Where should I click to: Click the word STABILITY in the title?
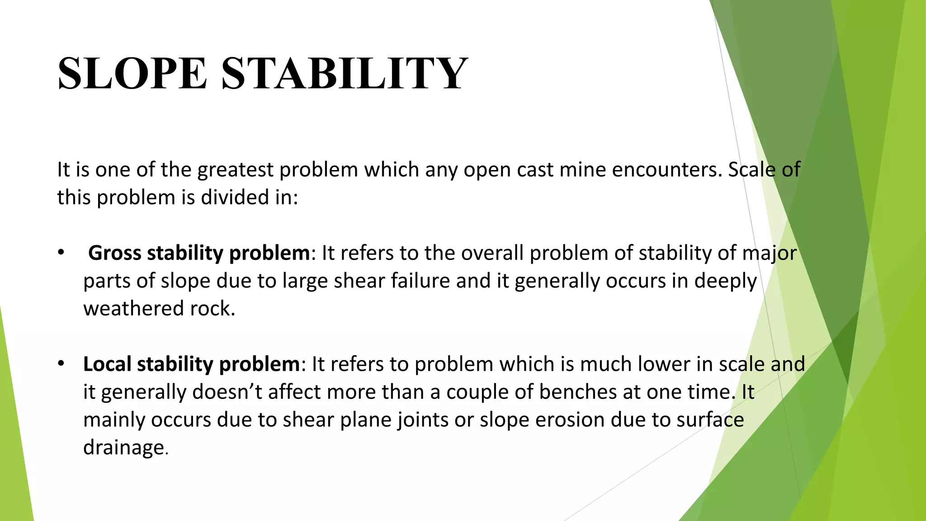click(344, 73)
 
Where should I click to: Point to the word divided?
click(234, 198)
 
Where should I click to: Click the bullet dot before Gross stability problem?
click(61, 252)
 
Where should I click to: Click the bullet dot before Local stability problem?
click(61, 364)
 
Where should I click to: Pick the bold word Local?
click(107, 364)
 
